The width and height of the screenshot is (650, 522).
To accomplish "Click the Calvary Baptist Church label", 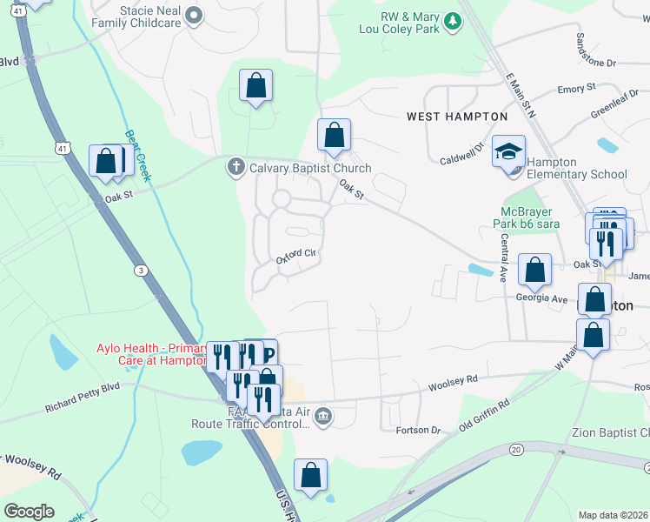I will tap(310, 168).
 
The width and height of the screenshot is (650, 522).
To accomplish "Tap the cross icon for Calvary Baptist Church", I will tap(235, 168).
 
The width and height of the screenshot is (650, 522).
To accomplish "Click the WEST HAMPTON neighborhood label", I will tap(457, 117).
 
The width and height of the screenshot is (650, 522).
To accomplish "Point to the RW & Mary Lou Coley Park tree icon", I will tap(451, 20).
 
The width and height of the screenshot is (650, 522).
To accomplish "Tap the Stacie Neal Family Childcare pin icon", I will tap(195, 13).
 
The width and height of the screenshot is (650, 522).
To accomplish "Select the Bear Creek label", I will tap(138, 156).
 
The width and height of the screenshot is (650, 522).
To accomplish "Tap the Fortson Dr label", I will tap(419, 430).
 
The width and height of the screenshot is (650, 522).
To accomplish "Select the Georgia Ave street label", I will tap(541, 298).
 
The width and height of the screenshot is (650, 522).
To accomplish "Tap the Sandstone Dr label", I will tap(595, 63).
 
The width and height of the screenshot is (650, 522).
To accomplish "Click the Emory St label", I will tap(576, 89).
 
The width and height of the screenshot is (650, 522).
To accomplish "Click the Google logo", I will tap(29, 512).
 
